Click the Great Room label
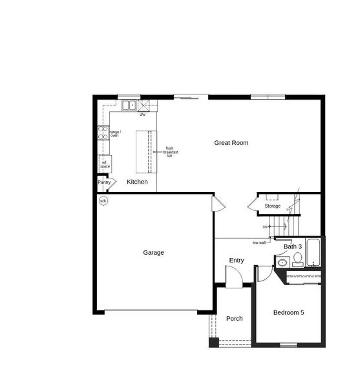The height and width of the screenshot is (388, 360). click(x=231, y=143)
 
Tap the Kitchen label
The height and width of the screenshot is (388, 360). click(x=137, y=182)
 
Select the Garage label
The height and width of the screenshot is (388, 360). click(x=153, y=253)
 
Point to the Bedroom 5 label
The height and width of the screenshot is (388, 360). click(x=288, y=313)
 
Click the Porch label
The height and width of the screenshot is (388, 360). click(x=234, y=319)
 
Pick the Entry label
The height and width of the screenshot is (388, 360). click(x=237, y=261)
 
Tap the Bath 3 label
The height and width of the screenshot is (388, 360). click(x=293, y=247)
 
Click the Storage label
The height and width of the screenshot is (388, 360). click(x=272, y=206)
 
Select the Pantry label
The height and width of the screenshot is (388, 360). click(x=104, y=182)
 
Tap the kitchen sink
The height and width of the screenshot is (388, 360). click(x=129, y=105)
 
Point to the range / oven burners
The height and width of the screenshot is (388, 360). click(x=102, y=133)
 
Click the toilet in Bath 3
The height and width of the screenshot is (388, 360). click(x=297, y=260)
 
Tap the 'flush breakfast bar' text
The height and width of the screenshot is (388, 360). click(x=171, y=152)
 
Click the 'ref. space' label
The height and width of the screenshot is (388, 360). click(x=105, y=164)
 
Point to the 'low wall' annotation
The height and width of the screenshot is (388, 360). click(x=259, y=242)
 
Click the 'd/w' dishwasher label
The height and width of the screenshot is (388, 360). click(x=142, y=114)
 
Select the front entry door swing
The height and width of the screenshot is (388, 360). click(x=233, y=278)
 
